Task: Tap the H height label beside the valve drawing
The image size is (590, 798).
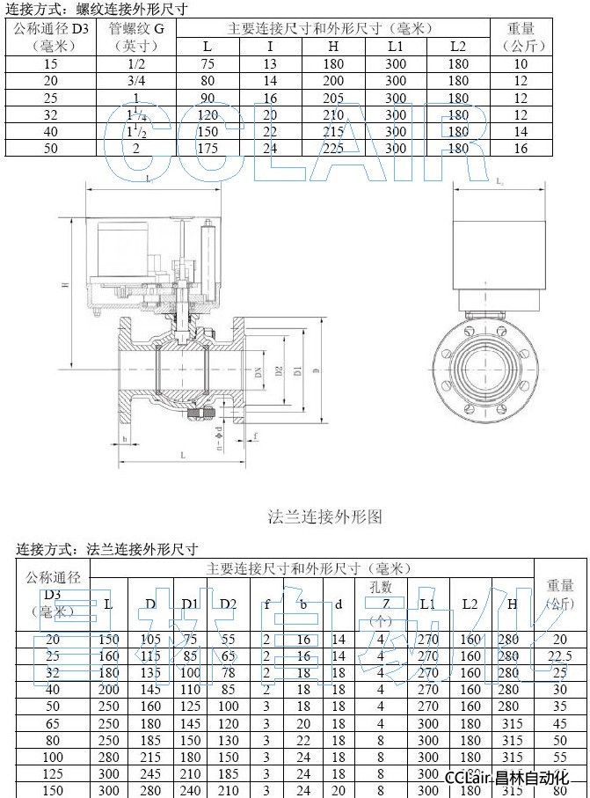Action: point(65,285)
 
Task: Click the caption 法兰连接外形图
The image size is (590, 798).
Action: point(324,516)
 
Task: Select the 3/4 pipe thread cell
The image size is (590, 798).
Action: point(136,80)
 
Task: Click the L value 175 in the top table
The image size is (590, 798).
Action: point(207,148)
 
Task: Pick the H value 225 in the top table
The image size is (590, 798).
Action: point(333,148)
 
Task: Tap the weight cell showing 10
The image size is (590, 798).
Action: point(521,63)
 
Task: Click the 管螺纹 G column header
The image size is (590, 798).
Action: point(136,37)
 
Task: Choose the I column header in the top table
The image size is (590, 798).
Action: point(270,46)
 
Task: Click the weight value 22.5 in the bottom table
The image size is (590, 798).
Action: point(559,655)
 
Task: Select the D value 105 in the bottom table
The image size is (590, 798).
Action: point(150,639)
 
